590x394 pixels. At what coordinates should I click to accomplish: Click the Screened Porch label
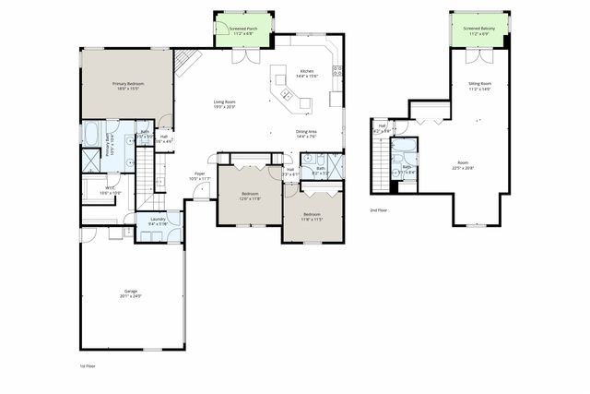tap(244, 30)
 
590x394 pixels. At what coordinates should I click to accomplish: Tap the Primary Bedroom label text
tap(126, 86)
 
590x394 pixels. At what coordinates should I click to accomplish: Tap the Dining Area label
tap(307, 134)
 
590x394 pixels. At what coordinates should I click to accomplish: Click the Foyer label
tap(200, 176)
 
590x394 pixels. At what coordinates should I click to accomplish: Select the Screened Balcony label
tap(481, 30)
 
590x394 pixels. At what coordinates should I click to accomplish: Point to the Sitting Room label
tap(480, 86)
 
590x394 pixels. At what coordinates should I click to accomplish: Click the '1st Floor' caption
tap(88, 366)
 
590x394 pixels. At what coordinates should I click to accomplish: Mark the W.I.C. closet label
tap(109, 190)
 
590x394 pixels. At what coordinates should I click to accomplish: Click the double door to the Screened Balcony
tap(480, 57)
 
